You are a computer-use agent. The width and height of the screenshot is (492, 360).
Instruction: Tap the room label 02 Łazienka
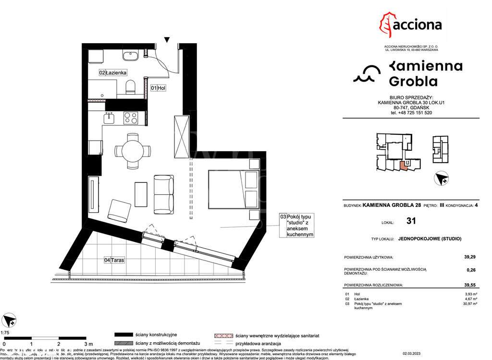tap(113, 72)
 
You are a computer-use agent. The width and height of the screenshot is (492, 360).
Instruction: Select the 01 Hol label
tap(158, 88)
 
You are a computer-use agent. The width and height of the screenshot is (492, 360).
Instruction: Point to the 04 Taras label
tap(114, 260)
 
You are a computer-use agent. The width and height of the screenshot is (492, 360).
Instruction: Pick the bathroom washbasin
tap(130, 56)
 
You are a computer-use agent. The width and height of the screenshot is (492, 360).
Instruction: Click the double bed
tap(234, 189)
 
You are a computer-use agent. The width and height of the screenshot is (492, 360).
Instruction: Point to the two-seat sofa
tap(163, 194)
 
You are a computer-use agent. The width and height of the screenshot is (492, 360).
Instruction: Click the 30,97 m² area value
tap(469, 304)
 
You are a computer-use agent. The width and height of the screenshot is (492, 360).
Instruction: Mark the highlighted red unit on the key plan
tap(404, 166)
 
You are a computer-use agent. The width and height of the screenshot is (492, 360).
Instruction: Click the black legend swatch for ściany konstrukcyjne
tap(123, 335)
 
